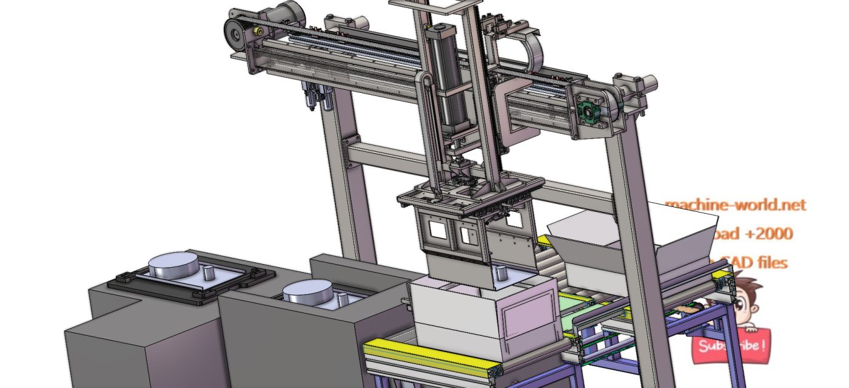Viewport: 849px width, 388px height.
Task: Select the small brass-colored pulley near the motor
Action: pos(258,32)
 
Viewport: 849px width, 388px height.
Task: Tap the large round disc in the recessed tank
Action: pos(307,293)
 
